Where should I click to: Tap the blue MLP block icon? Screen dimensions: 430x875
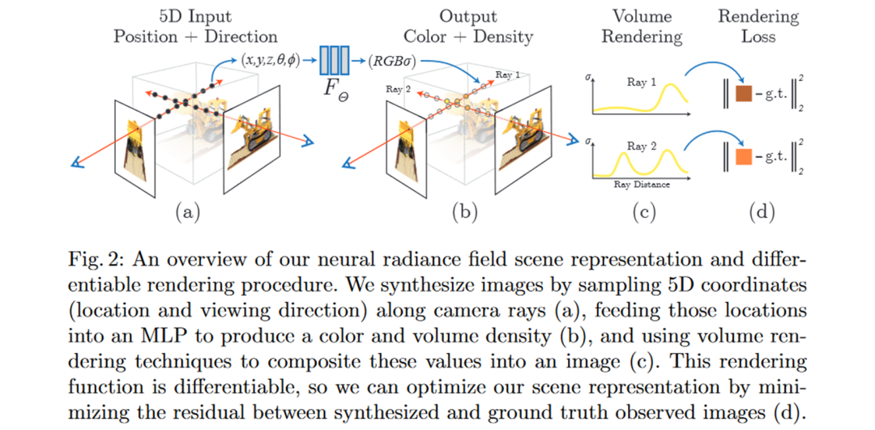(x=335, y=60)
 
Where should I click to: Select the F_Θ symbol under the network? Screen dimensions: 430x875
(x=335, y=88)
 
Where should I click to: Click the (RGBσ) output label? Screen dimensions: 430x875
(x=394, y=60)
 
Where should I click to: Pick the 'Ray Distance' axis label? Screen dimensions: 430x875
(x=641, y=185)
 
